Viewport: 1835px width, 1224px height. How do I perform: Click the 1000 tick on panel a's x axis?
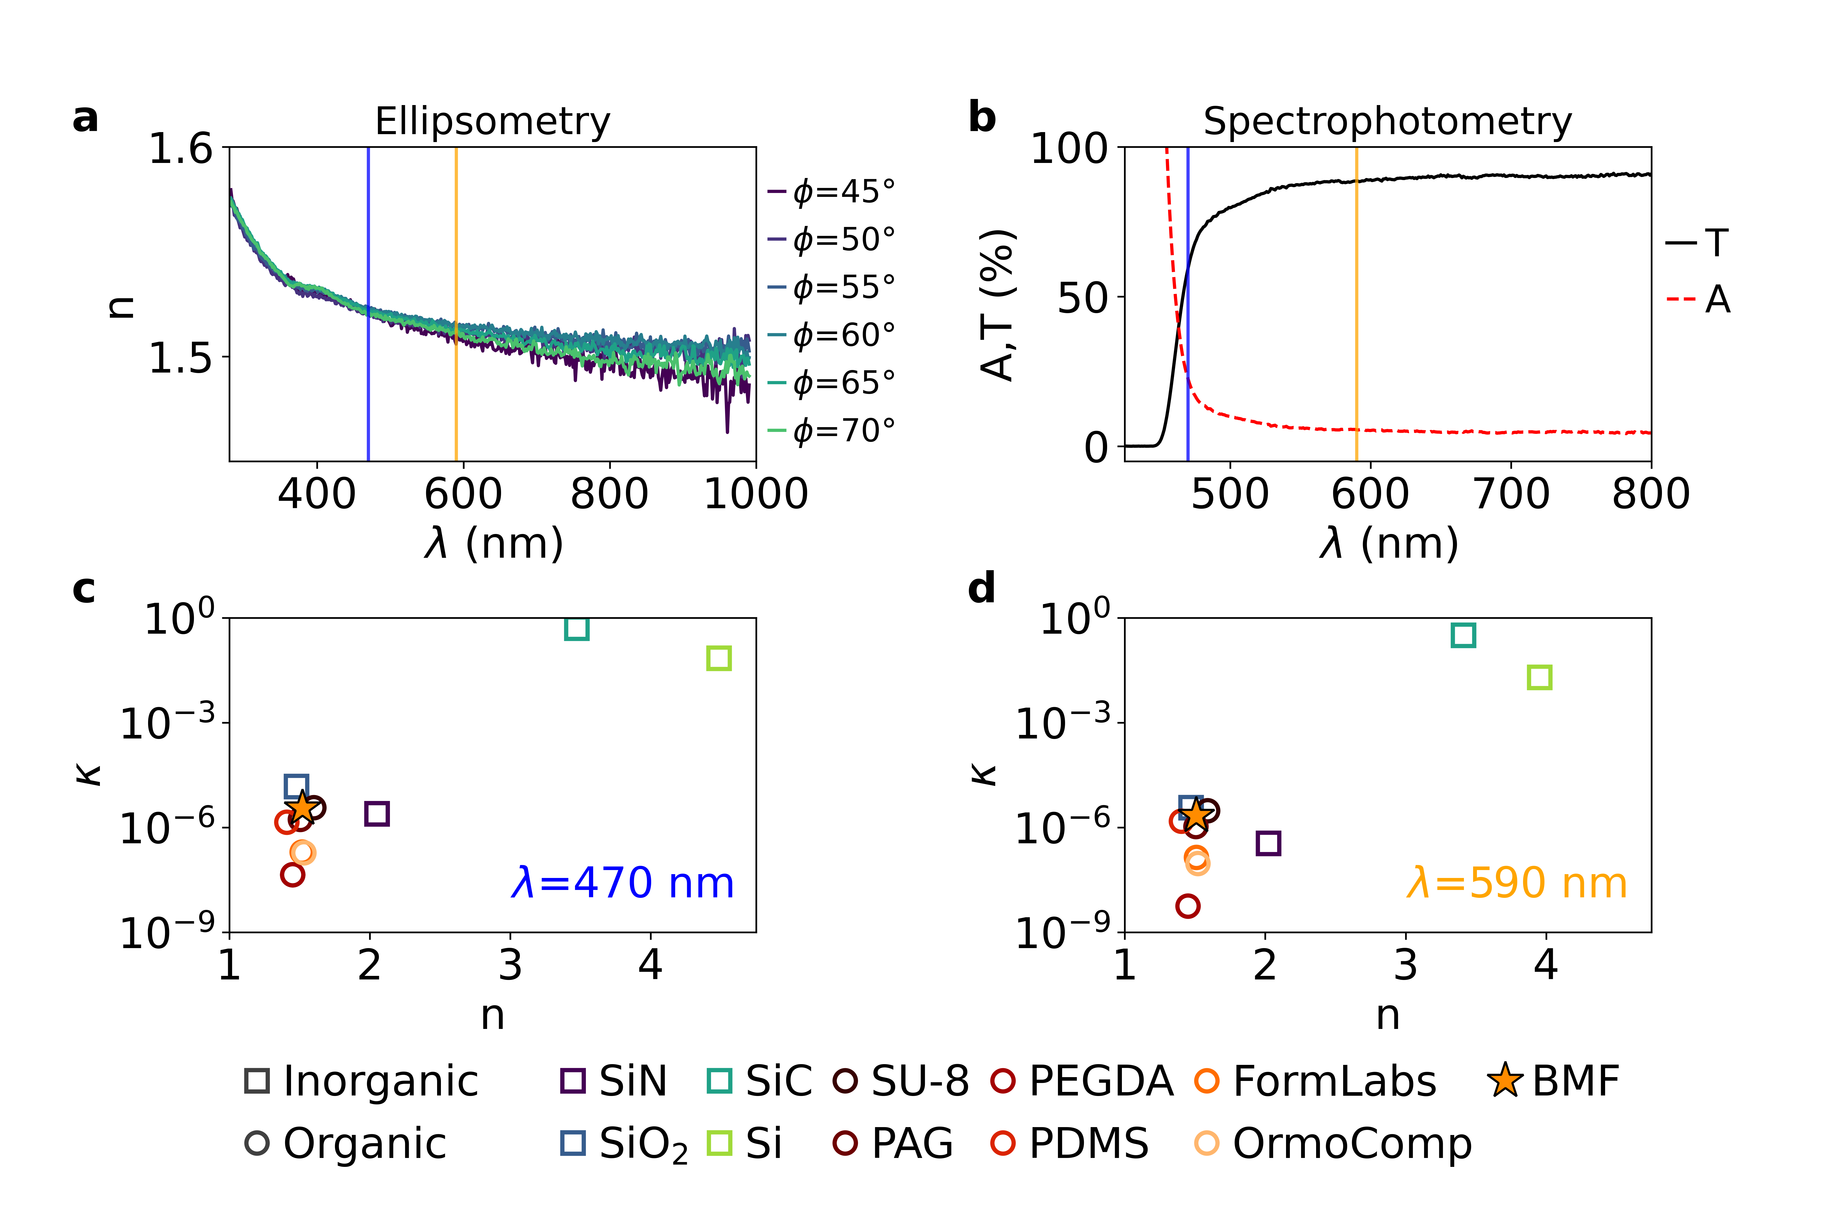tap(755, 493)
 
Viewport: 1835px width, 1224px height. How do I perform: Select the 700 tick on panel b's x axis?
tap(1511, 493)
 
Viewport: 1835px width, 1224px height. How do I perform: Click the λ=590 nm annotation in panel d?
tap(1517, 883)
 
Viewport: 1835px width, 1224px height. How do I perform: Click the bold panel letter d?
tap(981, 587)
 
